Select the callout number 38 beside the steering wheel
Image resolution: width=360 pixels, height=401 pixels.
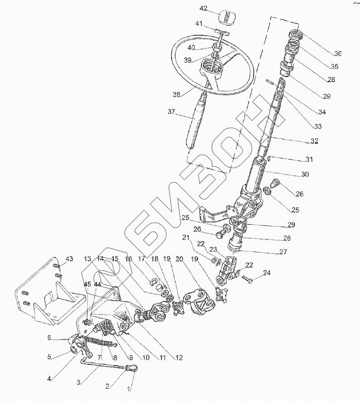click(176, 95)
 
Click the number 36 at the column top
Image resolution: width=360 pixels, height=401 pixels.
click(337, 53)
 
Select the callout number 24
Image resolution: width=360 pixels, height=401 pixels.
click(266, 273)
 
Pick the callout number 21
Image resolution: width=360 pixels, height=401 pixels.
click(185, 237)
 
